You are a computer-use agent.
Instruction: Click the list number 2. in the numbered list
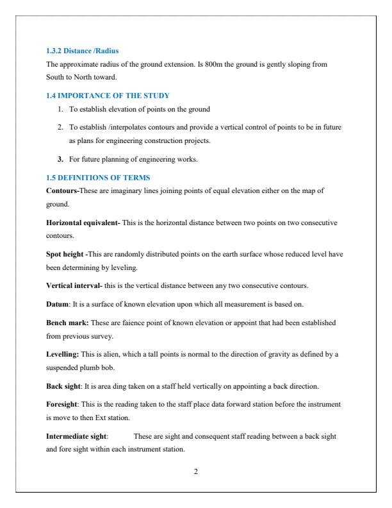61,128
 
